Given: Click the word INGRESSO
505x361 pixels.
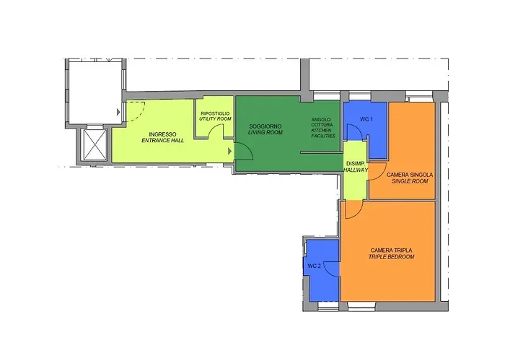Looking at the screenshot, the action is coord(162,134).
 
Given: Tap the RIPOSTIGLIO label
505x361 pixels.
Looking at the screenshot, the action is coord(215,113).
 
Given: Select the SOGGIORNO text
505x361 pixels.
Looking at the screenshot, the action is coord(265,126).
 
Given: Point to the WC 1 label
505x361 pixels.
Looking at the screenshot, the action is coord(366,119).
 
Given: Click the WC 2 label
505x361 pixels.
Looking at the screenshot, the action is coord(314,266).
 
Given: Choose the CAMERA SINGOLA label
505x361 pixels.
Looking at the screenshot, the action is coord(410,175).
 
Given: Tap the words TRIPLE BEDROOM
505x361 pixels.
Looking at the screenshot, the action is coord(391,257).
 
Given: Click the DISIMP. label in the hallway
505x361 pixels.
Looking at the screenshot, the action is coord(355,164).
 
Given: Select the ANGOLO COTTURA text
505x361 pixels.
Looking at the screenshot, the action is coord(322,122).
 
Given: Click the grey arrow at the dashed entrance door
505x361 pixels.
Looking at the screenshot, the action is coord(118,112).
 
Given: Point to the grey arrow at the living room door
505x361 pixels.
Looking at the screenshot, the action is coord(229,151).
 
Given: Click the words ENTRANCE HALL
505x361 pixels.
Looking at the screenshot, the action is coord(162,141).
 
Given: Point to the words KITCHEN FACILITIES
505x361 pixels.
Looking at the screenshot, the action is coord(323,133).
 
